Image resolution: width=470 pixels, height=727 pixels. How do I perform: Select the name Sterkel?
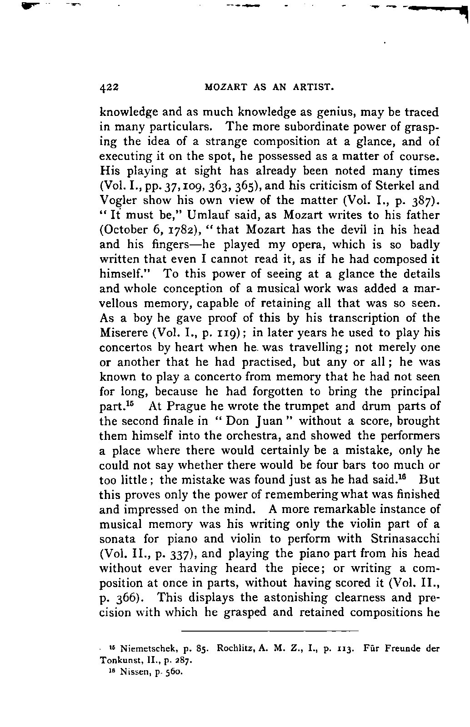(x=390, y=186)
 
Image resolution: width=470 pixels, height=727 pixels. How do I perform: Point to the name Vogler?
(x=115, y=201)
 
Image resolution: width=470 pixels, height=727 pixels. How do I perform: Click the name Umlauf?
(x=205, y=215)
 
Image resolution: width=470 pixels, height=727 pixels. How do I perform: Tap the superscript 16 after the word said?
(x=406, y=477)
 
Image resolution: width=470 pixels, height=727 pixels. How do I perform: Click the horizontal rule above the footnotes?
(x=270, y=631)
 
